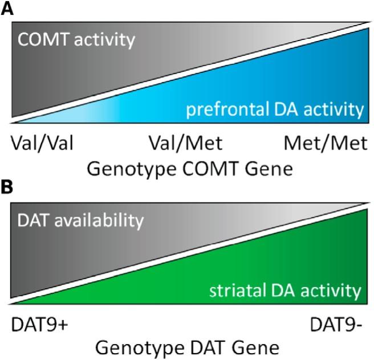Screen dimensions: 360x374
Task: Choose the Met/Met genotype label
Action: click(325, 143)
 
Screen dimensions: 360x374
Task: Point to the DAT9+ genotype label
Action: click(39, 323)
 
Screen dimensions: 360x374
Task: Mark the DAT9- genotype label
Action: click(337, 323)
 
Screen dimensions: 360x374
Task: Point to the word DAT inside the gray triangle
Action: click(32, 220)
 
